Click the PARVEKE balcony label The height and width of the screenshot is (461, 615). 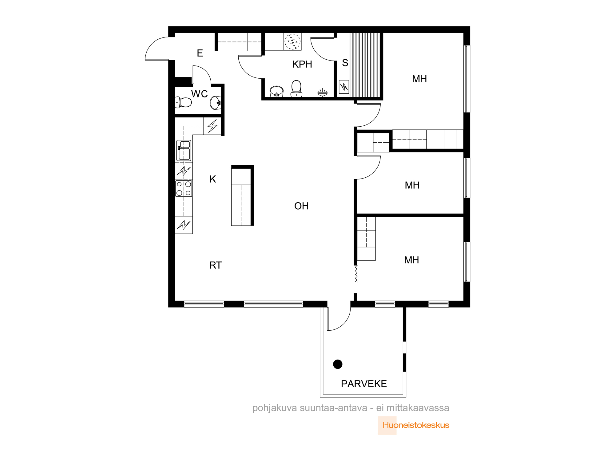click(x=364, y=384)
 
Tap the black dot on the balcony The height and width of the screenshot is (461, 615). click(x=338, y=364)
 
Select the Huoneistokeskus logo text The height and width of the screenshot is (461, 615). click(x=416, y=425)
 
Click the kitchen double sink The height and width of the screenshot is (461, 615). click(x=184, y=150)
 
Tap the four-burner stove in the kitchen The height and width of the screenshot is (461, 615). click(x=184, y=188)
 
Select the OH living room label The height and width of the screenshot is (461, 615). click(x=301, y=206)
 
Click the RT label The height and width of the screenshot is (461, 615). click(x=215, y=265)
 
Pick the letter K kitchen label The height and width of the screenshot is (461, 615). click(x=213, y=179)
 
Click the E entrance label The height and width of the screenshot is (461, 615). click(x=200, y=53)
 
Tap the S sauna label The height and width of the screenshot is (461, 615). click(x=345, y=63)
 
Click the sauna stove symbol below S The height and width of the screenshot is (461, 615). click(x=344, y=87)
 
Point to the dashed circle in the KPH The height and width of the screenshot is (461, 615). click(x=292, y=41)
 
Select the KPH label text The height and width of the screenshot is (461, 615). click(x=302, y=64)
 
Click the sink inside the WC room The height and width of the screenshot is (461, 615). click(x=216, y=103)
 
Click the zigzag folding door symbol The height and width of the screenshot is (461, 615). click(x=356, y=274)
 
